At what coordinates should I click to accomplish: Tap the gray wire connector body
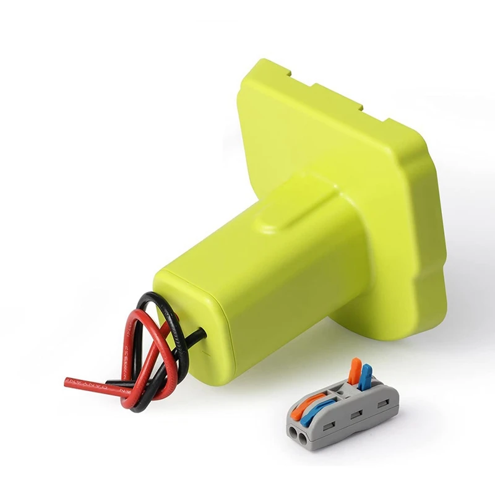(x=346, y=415)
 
